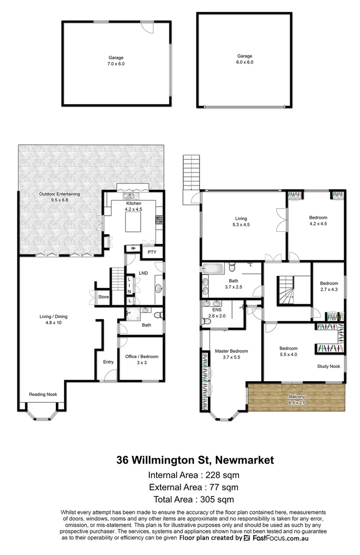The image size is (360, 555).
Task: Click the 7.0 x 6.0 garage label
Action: pos(116,61)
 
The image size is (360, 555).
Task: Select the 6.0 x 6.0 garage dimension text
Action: pos(245,62)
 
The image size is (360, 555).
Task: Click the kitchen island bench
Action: pos(136,223)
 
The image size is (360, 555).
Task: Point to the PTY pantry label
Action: pos(152,252)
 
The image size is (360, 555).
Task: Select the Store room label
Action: pos(104,297)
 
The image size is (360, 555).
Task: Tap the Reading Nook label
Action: pos(43,395)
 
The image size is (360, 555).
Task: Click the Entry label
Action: pos(108,362)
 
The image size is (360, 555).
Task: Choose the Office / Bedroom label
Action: pos(142,359)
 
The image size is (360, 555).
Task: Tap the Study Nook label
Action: pos(328,366)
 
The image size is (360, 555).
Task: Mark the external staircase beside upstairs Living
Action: pos(190,172)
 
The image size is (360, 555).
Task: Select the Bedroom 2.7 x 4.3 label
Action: pos(329,286)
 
